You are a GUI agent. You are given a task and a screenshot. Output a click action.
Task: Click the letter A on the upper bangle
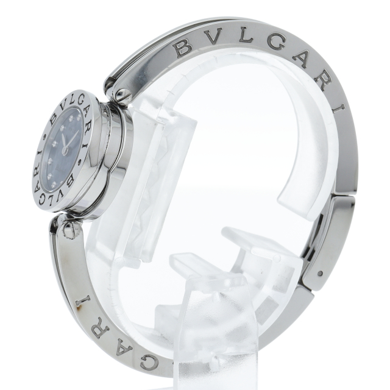tap(303, 62)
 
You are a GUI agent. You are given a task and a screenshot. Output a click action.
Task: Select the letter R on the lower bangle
tap(99, 331)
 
